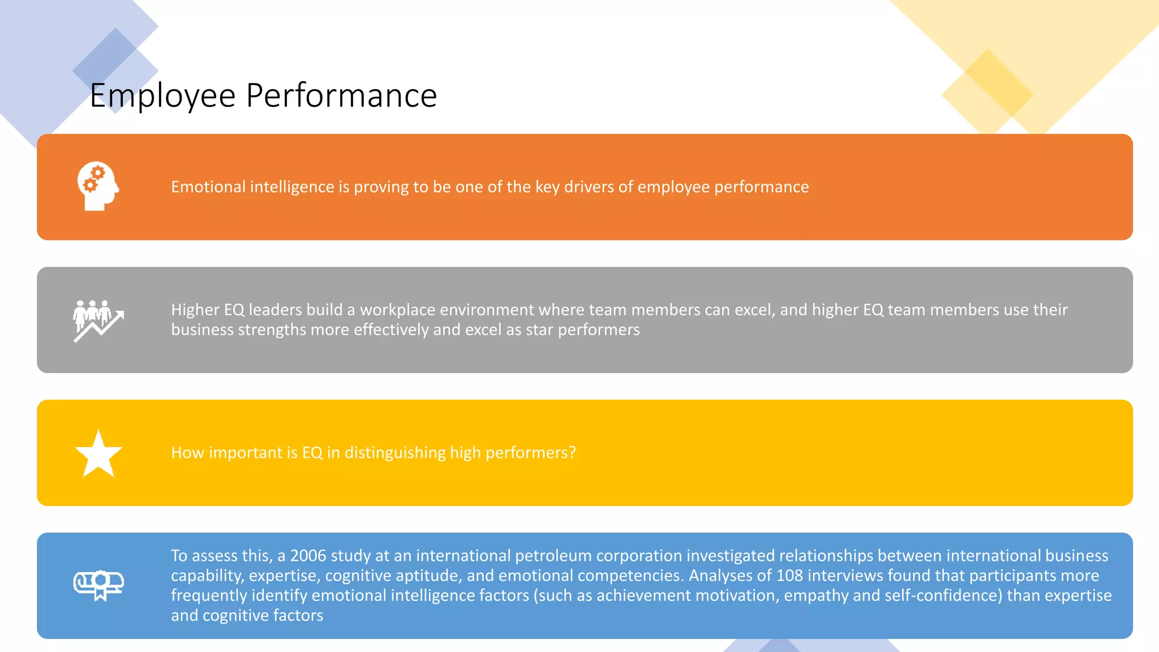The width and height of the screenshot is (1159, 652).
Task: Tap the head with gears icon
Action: [98, 186]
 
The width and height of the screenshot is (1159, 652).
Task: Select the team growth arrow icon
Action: [98, 320]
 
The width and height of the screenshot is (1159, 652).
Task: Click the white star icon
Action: [98, 453]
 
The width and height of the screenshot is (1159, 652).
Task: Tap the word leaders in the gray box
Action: [275, 310]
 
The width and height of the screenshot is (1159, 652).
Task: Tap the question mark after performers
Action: [573, 453]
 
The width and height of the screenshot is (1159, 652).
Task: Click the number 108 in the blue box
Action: [789, 576]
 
